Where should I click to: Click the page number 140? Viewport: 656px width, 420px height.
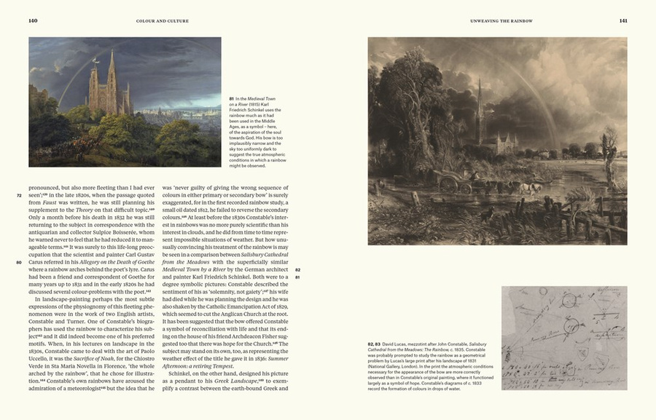[33, 20]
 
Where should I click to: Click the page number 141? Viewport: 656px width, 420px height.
[623, 20]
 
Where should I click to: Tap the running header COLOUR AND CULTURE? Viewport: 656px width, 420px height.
[163, 21]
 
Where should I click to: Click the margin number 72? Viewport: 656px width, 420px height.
[19, 196]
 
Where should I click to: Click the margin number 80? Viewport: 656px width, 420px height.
[19, 262]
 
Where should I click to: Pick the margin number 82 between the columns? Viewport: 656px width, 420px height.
[297, 270]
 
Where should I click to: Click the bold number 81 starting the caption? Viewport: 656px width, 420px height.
[231, 98]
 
